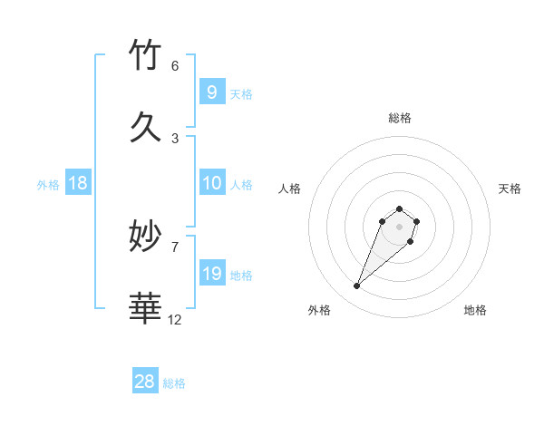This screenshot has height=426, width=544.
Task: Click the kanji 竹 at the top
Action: (x=145, y=56)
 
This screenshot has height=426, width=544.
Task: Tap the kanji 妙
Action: (x=145, y=237)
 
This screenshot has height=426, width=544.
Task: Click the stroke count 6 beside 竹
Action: (x=174, y=66)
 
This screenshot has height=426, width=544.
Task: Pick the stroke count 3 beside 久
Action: (x=174, y=139)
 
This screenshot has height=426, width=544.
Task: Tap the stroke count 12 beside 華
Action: (x=174, y=320)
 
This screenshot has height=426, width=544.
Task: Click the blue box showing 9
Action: (x=211, y=92)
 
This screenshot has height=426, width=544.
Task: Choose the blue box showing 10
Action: (x=211, y=183)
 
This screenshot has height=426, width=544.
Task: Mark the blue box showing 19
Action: (x=211, y=274)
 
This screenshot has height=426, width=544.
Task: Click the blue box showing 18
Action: (x=78, y=183)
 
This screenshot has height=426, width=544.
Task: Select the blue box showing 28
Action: (x=144, y=382)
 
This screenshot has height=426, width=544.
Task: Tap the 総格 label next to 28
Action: (x=174, y=383)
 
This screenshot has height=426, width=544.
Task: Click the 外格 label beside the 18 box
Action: (x=48, y=185)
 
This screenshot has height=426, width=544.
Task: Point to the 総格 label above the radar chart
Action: (x=399, y=118)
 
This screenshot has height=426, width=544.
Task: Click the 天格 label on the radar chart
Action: (x=510, y=189)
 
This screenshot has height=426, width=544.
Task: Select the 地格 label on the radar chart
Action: (x=475, y=310)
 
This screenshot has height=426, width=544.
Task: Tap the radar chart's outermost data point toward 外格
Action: (x=357, y=286)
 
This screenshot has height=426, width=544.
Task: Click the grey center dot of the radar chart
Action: (x=399, y=227)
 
